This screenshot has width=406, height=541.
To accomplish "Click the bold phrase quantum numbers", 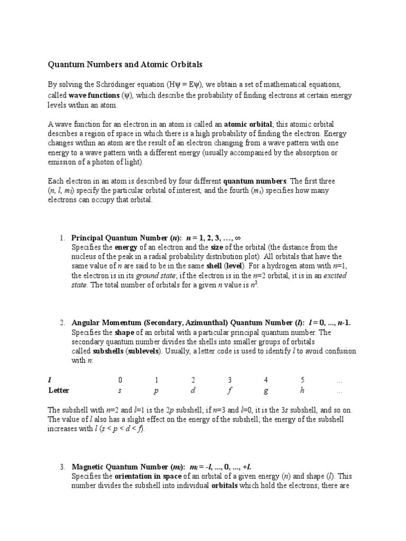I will [x=255, y=181].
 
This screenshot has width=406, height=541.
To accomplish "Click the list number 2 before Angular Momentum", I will [x=62, y=323].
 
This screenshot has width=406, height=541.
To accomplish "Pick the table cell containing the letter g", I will [x=266, y=391].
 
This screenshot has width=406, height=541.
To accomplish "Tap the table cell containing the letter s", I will [x=120, y=391].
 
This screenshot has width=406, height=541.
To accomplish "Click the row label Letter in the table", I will [x=59, y=391].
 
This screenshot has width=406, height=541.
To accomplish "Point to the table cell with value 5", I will [x=302, y=380].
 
